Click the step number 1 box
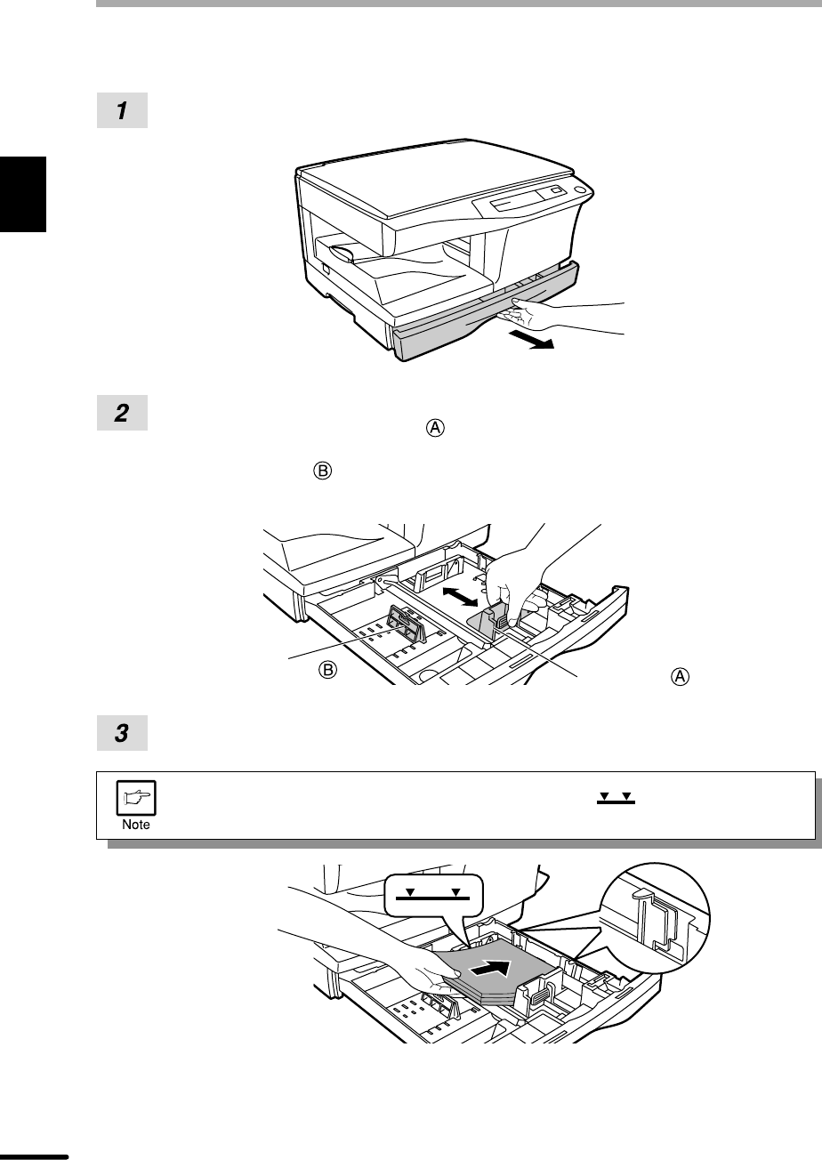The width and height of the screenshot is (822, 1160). [x=122, y=110]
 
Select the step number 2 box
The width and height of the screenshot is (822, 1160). [x=122, y=414]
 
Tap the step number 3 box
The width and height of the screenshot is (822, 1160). [x=122, y=735]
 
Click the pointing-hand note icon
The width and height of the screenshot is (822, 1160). [x=137, y=797]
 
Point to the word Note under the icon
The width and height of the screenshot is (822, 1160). [x=137, y=825]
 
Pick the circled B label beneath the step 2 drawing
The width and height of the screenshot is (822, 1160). [x=327, y=670]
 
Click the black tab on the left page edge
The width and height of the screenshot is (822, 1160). [x=23, y=193]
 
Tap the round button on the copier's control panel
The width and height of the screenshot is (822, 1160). [x=580, y=190]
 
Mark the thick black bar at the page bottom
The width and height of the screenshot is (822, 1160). [x=34, y=1156]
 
